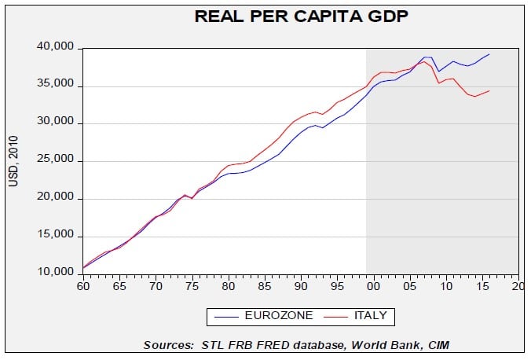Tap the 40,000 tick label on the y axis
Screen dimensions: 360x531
[x=57, y=49]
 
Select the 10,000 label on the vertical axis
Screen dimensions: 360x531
[x=57, y=273]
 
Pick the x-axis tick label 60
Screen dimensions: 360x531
[x=82, y=288]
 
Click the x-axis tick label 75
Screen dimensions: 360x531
[x=192, y=288]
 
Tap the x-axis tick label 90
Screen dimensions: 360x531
[x=301, y=288]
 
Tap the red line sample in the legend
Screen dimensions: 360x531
[x=336, y=316]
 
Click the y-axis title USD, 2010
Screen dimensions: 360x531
[x=13, y=161]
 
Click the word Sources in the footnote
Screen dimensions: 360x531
[x=168, y=344]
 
